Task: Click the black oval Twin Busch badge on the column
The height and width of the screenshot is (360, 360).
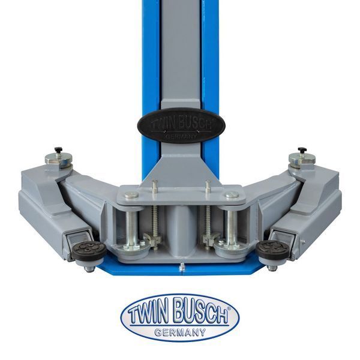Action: pyautogui.click(x=181, y=125)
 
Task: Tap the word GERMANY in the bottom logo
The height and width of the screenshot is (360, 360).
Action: pyautogui.click(x=180, y=332)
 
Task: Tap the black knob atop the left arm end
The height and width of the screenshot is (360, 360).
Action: pyautogui.click(x=59, y=149)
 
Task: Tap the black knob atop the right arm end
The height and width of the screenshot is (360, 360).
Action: pyautogui.click(x=302, y=149)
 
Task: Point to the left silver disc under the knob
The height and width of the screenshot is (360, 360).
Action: pyautogui.click(x=59, y=158)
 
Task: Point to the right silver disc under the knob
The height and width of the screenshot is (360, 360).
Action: pyautogui.click(x=302, y=158)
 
